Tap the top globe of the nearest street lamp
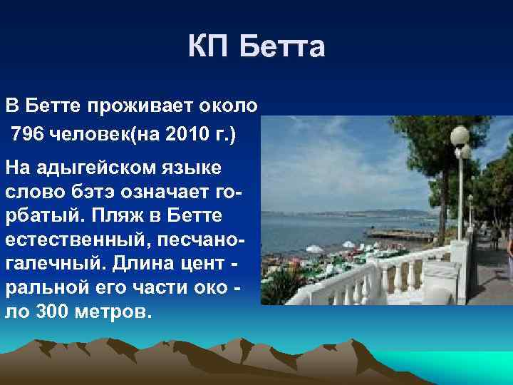pyautogui.click(x=460, y=135)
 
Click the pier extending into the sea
pyautogui.click(x=399, y=234)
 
